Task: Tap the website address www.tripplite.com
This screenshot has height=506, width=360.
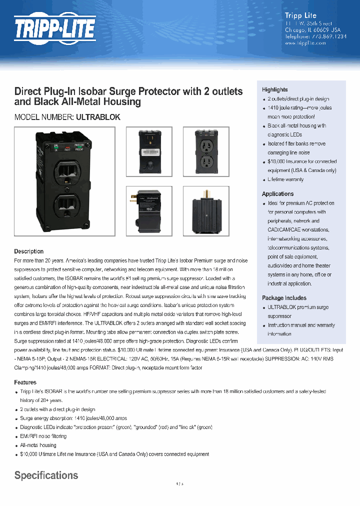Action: pyautogui.click(x=305, y=43)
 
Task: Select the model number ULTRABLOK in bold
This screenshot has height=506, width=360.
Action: pyautogui.click(x=97, y=117)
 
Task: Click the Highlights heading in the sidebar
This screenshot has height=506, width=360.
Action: pyautogui.click(x=274, y=89)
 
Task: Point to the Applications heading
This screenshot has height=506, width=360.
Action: pyautogui.click(x=277, y=194)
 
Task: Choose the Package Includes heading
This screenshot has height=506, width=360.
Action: pyautogui.click(x=284, y=298)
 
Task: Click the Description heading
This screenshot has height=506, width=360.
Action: pyautogui.click(x=28, y=251)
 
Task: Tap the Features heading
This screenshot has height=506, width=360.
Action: pyautogui.click(x=25, y=382)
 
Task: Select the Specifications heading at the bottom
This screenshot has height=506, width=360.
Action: pyautogui.click(x=46, y=475)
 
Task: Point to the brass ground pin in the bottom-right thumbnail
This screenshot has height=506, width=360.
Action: pyautogui.click(x=205, y=193)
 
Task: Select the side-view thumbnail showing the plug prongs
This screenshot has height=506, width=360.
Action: pyautogui.click(x=148, y=211)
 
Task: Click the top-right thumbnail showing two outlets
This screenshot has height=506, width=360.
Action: pyautogui.click(x=205, y=152)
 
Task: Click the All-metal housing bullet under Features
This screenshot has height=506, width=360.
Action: pyautogui.click(x=38, y=445)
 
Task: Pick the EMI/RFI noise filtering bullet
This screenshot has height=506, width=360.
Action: pyautogui.click(x=43, y=436)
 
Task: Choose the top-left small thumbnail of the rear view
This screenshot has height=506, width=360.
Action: pyautogui.click(x=148, y=152)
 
